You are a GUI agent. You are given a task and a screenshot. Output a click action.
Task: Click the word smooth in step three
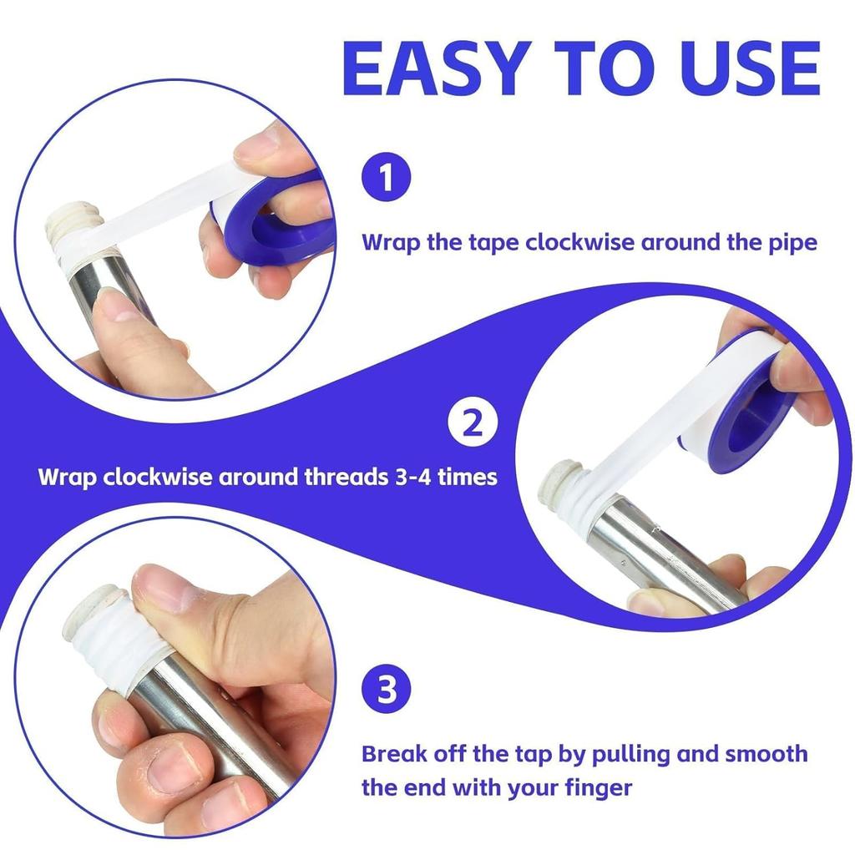click(x=765, y=754)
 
